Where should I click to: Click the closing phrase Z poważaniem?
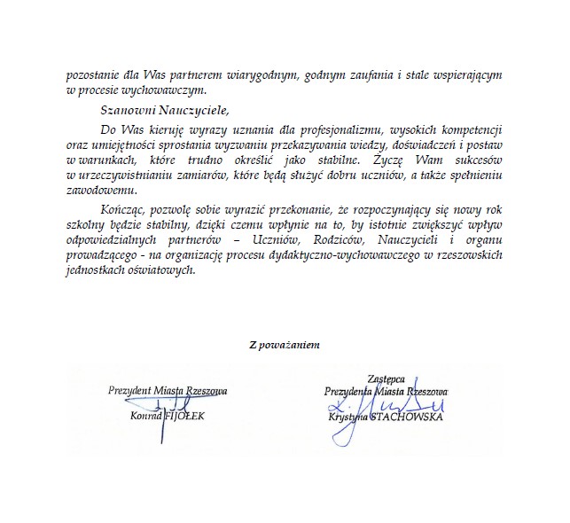285,345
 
